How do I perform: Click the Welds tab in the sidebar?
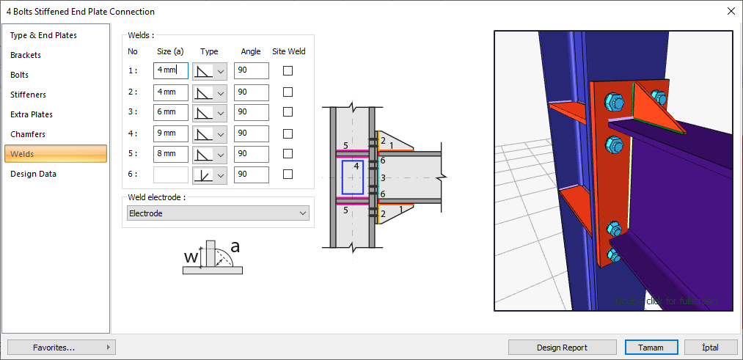click(56, 154)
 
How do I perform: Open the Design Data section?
click(33, 174)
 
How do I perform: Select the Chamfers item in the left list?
click(28, 134)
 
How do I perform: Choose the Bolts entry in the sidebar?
click(19, 75)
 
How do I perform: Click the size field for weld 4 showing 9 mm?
click(171, 133)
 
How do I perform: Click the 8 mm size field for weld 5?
click(171, 154)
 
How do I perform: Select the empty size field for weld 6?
click(171, 175)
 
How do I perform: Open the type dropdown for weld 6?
click(210, 175)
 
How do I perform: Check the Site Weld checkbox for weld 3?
click(288, 112)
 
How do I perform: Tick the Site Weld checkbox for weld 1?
click(288, 70)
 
